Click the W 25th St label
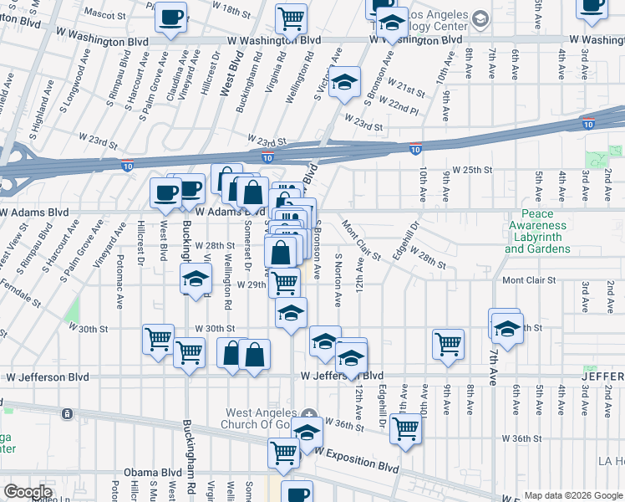[x=472, y=170]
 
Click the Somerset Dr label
[x=248, y=244]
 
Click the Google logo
[x=28, y=492]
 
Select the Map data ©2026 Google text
[x=574, y=495]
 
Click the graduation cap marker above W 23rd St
[x=343, y=84]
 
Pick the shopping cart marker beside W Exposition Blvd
[x=282, y=453]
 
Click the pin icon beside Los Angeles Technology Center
[x=480, y=18]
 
